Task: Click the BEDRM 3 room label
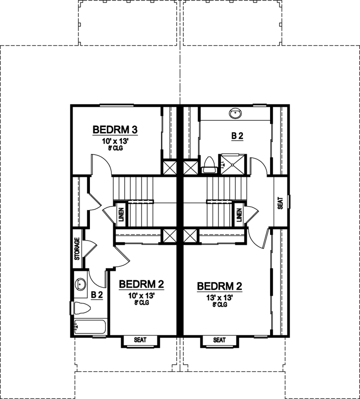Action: (x=115, y=130)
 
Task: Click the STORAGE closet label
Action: (x=77, y=249)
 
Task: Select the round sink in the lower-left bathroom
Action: (x=80, y=285)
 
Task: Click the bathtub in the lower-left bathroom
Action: (x=89, y=327)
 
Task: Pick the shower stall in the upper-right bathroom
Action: (x=233, y=162)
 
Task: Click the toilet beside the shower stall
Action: (x=209, y=164)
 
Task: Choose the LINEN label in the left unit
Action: (x=121, y=214)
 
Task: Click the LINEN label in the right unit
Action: (x=239, y=215)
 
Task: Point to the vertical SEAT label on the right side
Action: (x=280, y=203)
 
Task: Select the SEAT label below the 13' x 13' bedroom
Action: (x=219, y=340)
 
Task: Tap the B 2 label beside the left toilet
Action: (x=97, y=295)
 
